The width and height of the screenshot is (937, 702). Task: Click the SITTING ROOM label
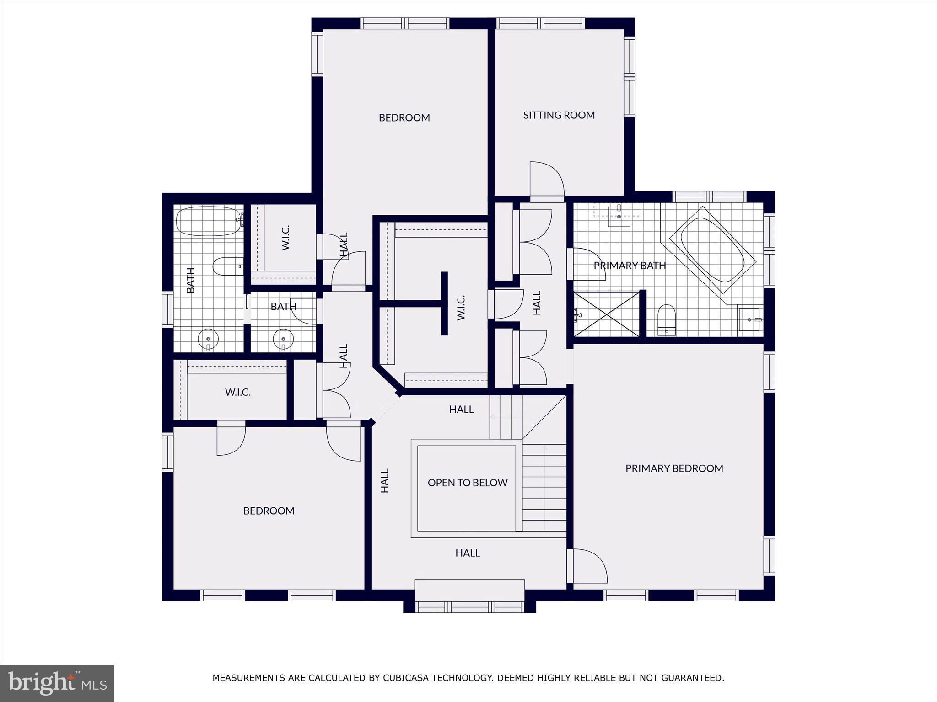559,115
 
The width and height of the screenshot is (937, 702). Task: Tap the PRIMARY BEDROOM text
674,468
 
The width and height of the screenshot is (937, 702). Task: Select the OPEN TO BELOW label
467,483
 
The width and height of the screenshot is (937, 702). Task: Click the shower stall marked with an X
606,314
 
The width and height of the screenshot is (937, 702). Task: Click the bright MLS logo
57,683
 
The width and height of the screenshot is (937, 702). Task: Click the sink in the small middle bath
283,339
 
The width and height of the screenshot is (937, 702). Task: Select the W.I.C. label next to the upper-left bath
286,237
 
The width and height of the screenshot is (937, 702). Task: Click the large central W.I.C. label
461,307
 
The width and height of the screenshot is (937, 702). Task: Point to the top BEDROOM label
404,118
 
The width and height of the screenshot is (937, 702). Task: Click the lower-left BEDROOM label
269,511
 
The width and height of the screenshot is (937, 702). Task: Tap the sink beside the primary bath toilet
750,319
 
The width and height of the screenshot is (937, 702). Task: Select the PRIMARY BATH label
630,266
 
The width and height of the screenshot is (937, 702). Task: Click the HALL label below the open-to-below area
467,553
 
